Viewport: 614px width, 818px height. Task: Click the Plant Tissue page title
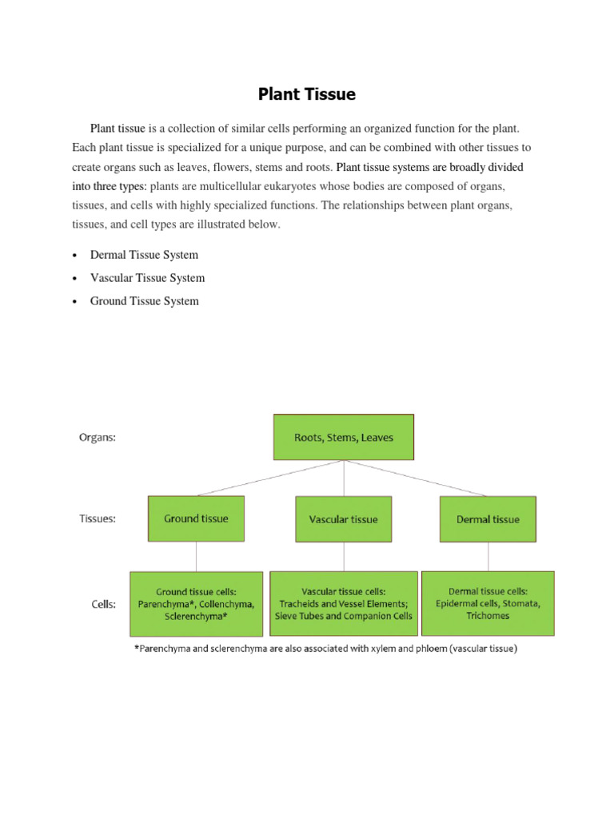tap(306, 94)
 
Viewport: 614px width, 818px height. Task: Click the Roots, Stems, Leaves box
tap(344, 437)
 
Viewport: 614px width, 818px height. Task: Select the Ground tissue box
tap(196, 518)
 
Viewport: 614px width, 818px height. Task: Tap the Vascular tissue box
tap(344, 519)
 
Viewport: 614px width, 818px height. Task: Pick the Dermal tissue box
tap(488, 519)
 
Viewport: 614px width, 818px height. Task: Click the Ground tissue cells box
tap(196, 604)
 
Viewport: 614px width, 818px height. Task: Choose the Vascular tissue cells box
tap(344, 604)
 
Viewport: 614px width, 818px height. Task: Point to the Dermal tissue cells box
tap(488, 604)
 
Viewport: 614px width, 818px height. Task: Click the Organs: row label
tap(97, 437)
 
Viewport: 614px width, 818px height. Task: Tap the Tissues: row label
tap(97, 518)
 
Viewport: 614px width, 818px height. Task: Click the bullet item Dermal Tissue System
tap(144, 255)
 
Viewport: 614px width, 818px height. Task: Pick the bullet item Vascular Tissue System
tap(147, 278)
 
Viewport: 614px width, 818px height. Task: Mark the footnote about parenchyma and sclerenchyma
tap(325, 649)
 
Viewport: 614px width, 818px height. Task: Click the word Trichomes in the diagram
tap(487, 616)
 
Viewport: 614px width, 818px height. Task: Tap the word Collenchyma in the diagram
tap(228, 605)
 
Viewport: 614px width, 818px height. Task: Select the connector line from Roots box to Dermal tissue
tap(416, 478)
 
